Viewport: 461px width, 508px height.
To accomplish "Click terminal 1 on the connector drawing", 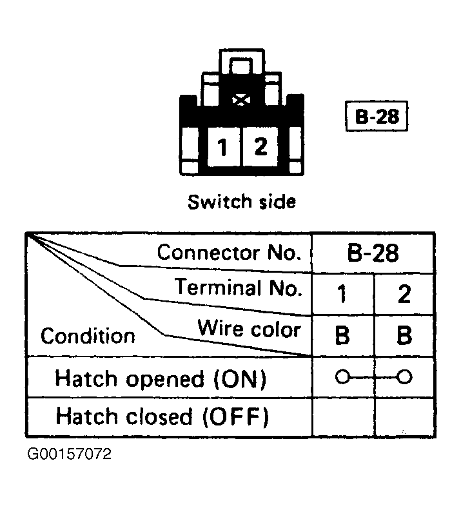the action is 224,147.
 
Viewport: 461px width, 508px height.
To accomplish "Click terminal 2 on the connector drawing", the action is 260,147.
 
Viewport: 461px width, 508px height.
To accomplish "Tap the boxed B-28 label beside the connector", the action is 377,116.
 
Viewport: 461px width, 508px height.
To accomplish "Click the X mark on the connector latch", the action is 241,100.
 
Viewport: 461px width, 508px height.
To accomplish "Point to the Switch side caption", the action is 242,202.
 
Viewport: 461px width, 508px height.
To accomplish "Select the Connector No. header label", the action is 229,253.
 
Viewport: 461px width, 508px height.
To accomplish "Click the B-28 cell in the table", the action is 373,253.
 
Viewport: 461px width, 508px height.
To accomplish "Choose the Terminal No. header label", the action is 238,287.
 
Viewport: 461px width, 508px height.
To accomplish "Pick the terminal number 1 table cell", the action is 342,294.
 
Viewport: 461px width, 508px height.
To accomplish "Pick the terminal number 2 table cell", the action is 404,294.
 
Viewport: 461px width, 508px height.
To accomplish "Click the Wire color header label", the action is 249,329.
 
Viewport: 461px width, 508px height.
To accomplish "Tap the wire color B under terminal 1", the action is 342,335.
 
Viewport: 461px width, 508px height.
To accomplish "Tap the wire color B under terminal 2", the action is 404,335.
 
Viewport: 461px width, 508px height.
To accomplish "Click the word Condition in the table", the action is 88,336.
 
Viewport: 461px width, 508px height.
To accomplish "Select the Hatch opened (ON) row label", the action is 161,378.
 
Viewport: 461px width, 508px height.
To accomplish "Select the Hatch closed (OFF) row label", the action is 162,416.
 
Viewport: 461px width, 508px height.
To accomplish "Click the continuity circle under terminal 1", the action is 342,377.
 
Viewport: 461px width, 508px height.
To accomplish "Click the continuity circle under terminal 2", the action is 405,377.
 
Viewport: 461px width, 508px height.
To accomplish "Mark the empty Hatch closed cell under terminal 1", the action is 343,417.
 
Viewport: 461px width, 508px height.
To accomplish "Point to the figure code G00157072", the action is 70,454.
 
